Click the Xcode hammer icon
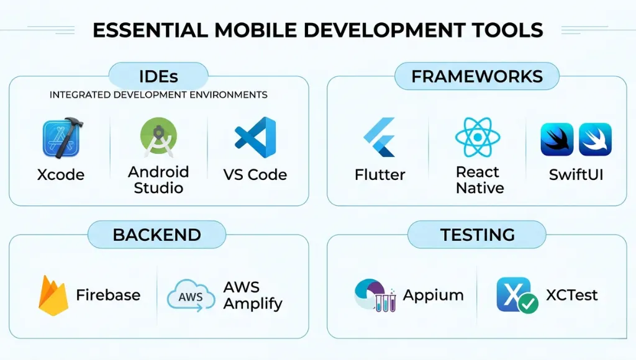point(63,138)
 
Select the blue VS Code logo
point(255,137)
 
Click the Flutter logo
point(379,137)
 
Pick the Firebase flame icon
point(53,295)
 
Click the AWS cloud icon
point(191,295)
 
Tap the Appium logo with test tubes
point(375,295)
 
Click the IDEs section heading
point(158,76)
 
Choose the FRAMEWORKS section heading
point(477,76)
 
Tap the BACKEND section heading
point(157,235)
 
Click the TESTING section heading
point(477,235)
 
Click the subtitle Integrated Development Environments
point(158,95)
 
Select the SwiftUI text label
point(576,175)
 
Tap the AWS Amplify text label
point(252,295)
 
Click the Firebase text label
point(108,295)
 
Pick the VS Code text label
point(255,175)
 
